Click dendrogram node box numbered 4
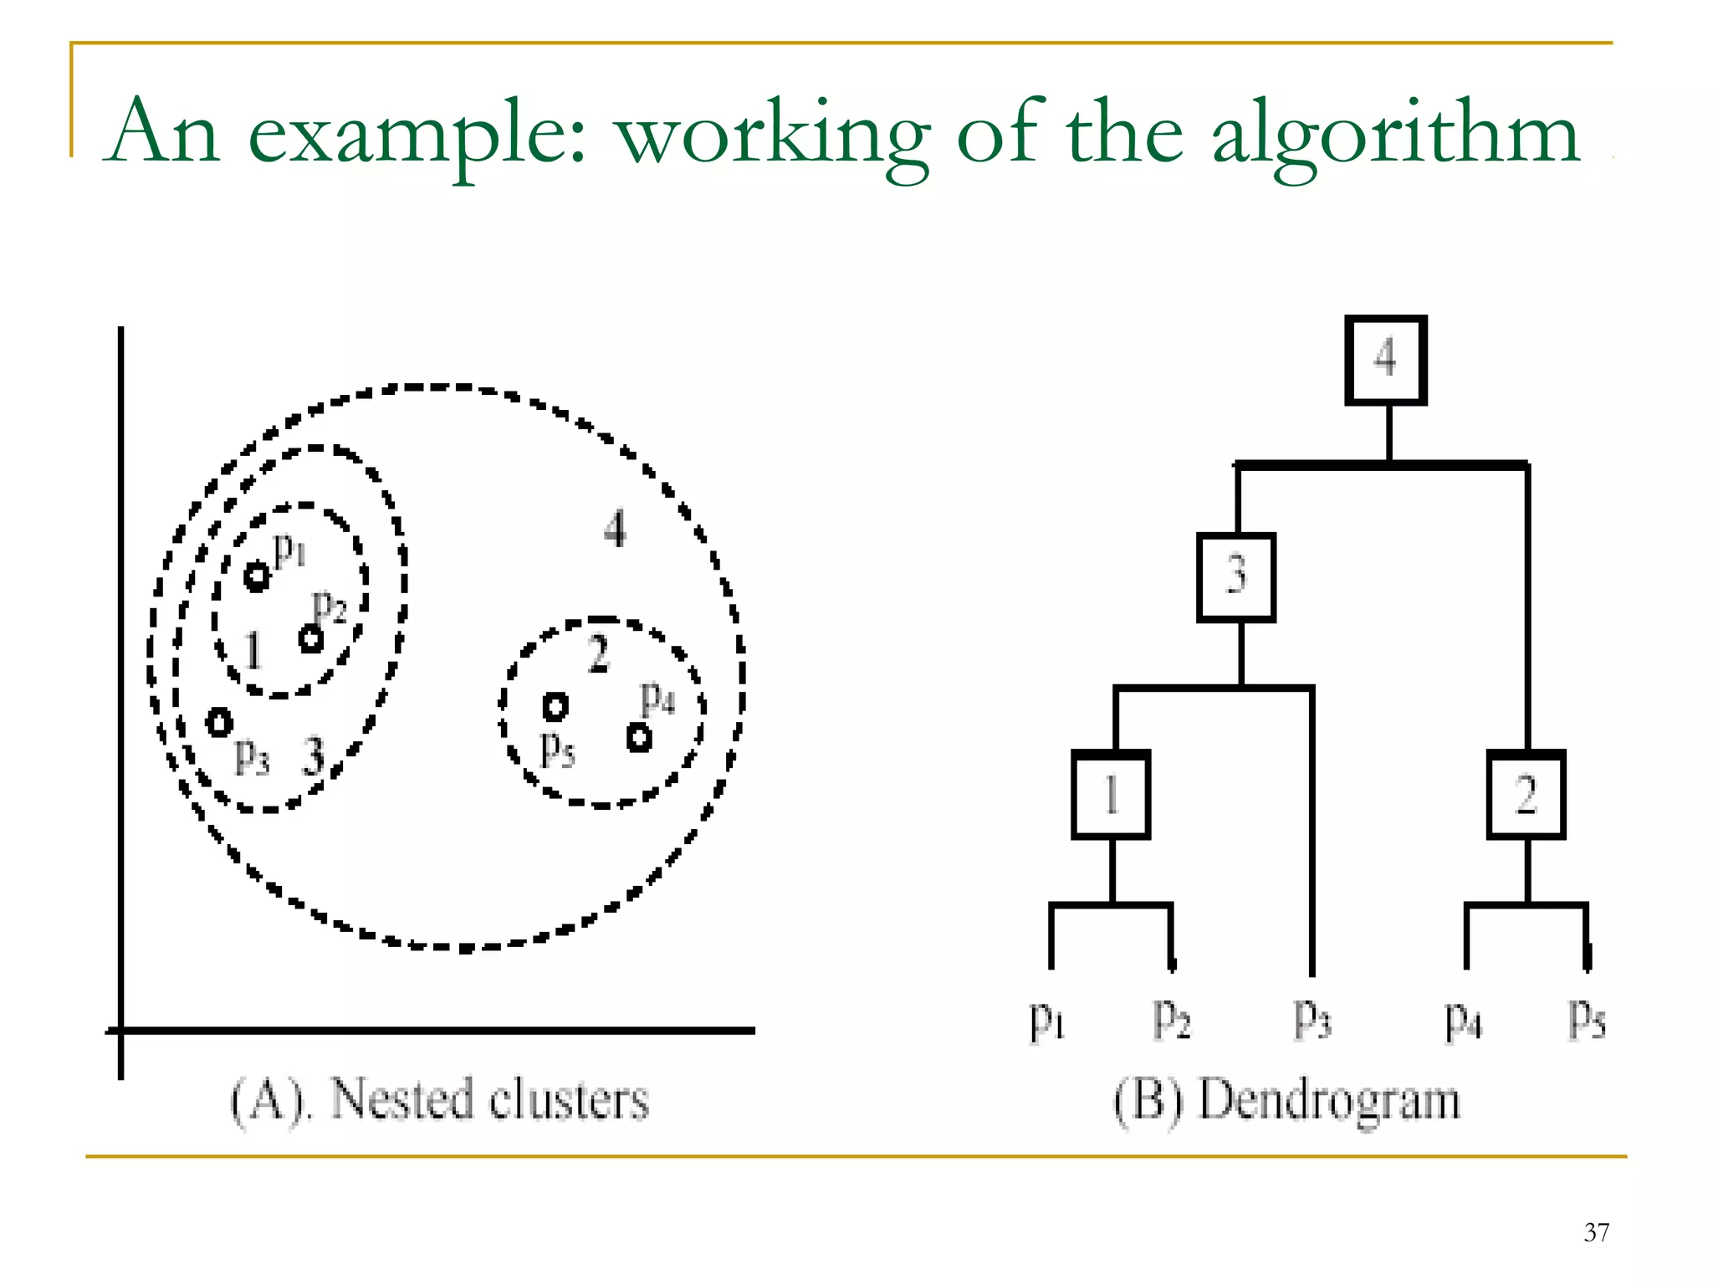1385,361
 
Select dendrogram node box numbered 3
1236,577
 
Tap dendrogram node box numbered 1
1111,795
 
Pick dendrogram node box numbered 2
1526,795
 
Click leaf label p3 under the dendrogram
1312,1019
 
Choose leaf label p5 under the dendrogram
1587,1019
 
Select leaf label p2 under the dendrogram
1171,1019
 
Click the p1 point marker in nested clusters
257,576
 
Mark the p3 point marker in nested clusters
219,721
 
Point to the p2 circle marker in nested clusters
311,640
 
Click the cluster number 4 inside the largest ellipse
616,529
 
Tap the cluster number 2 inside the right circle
598,653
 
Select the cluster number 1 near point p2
253,650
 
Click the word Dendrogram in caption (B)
1330,1100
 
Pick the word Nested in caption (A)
401,1099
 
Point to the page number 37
1596,1232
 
